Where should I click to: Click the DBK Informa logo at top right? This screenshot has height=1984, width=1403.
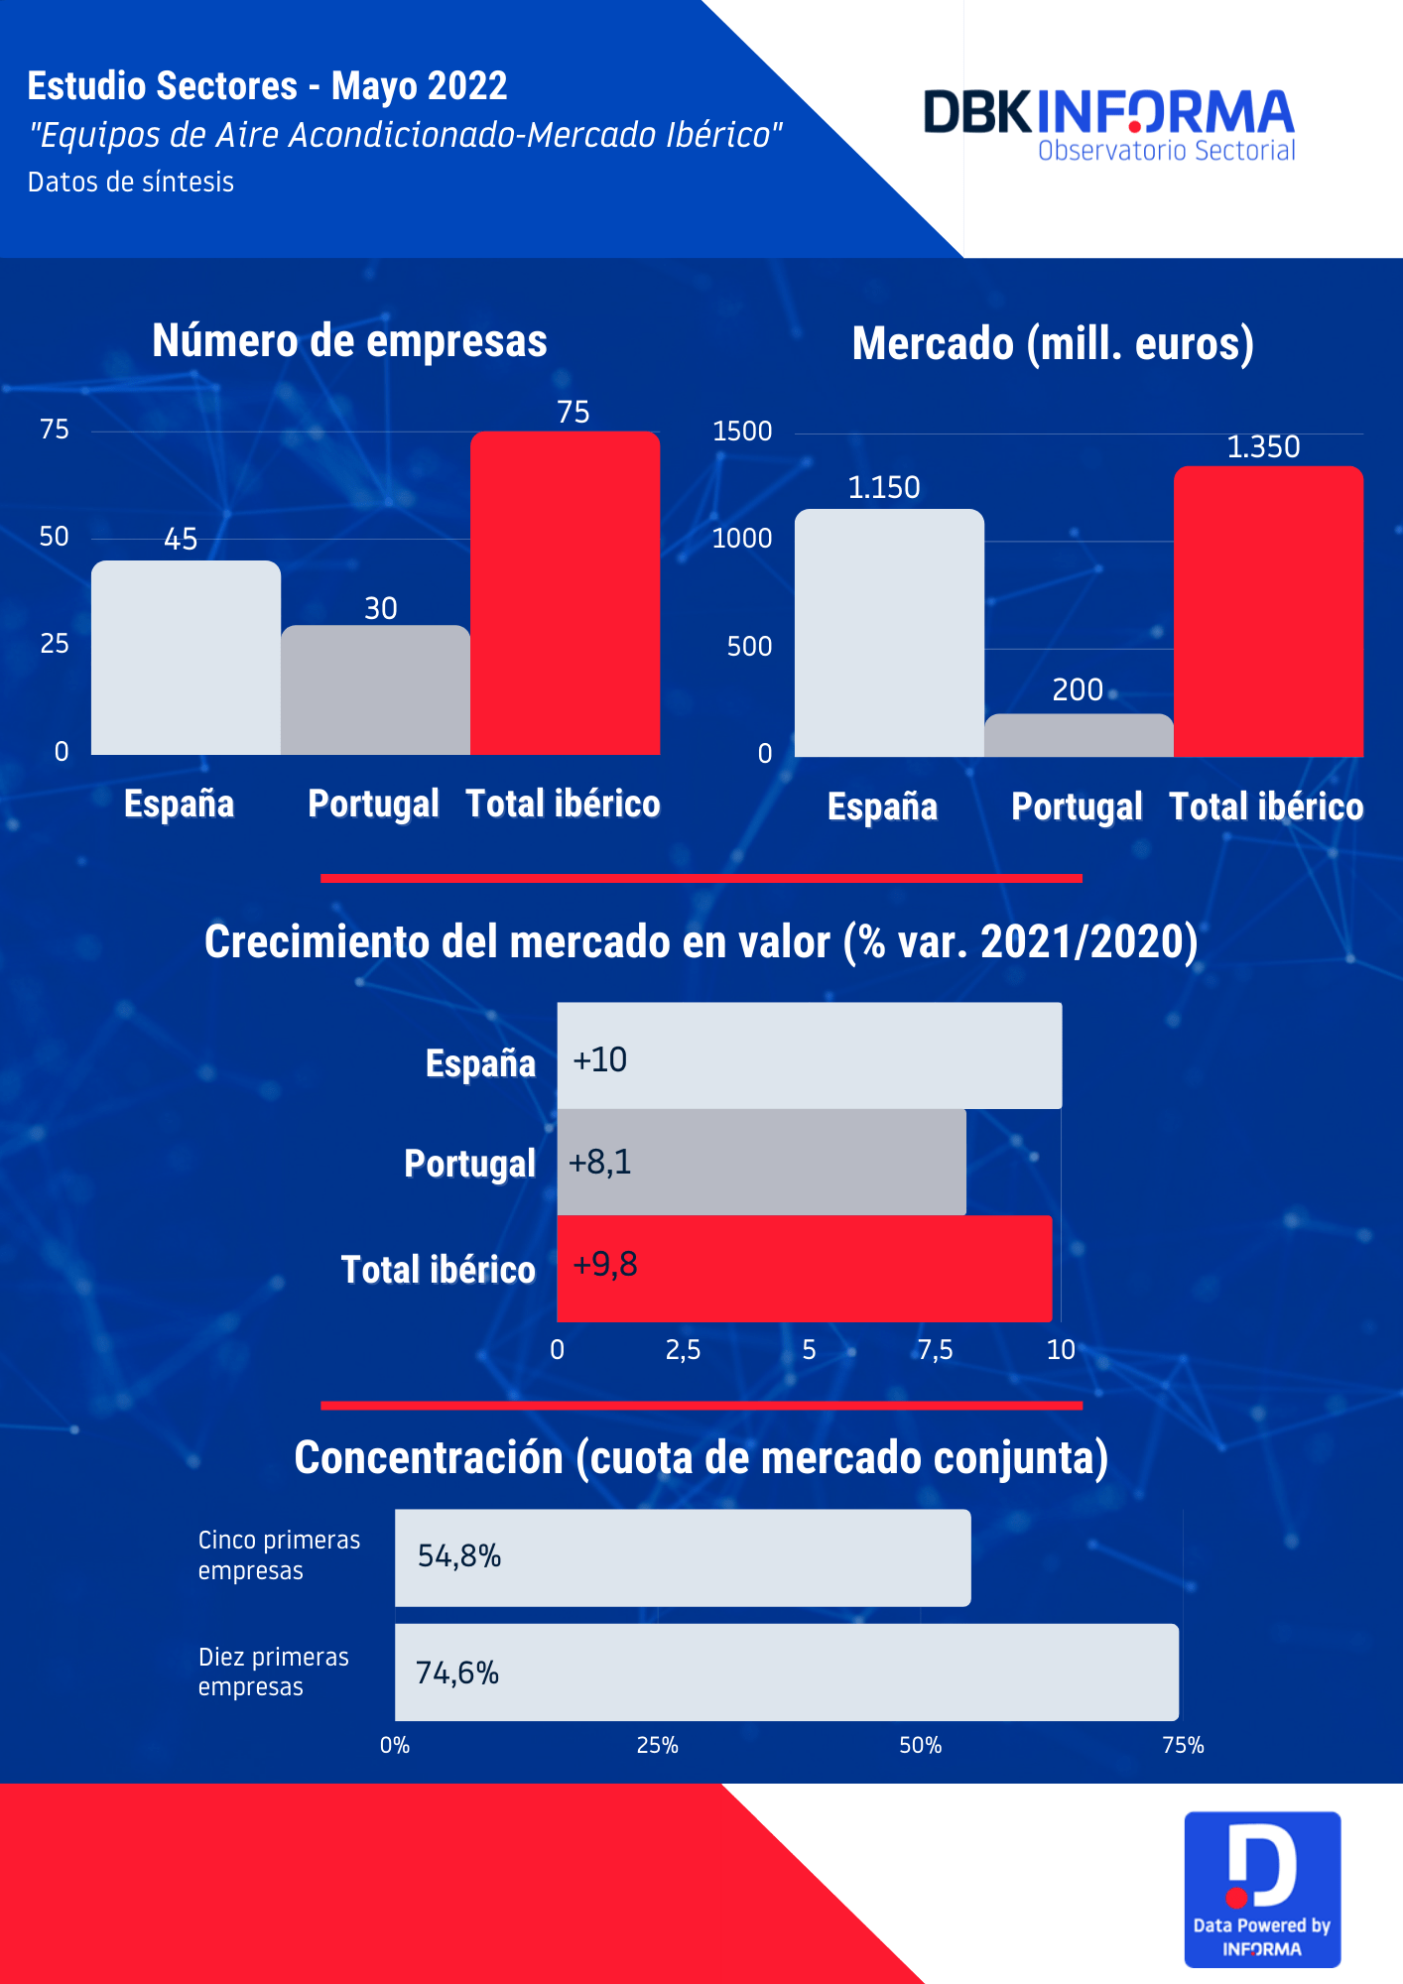(1109, 124)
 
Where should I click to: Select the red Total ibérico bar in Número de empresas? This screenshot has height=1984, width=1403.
(565, 593)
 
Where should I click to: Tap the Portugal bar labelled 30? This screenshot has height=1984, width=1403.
(375, 689)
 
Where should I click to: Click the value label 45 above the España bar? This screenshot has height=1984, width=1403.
(181, 540)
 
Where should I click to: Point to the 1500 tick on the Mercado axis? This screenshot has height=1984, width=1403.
(742, 432)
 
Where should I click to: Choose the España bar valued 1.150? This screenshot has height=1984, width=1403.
(889, 633)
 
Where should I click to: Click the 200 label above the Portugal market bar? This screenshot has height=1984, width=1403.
(1078, 689)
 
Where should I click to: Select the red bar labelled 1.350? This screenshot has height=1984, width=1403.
(1268, 611)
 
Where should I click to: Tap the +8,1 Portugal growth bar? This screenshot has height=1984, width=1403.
(761, 1163)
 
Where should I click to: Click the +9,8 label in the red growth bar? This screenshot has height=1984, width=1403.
(605, 1265)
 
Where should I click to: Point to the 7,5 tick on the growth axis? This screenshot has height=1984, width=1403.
(935, 1350)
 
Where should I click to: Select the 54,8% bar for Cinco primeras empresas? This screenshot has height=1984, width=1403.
(683, 1557)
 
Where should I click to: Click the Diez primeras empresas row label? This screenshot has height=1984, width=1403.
(274, 1672)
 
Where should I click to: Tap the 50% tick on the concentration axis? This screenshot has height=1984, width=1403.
(920, 1746)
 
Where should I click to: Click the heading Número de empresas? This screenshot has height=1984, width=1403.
(349, 341)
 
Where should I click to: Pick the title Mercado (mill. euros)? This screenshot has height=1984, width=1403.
(1053, 344)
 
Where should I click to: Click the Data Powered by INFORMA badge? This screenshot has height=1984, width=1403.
(1262, 1890)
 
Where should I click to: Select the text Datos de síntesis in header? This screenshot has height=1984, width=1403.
(131, 183)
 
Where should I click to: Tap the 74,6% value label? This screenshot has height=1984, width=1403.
(457, 1674)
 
